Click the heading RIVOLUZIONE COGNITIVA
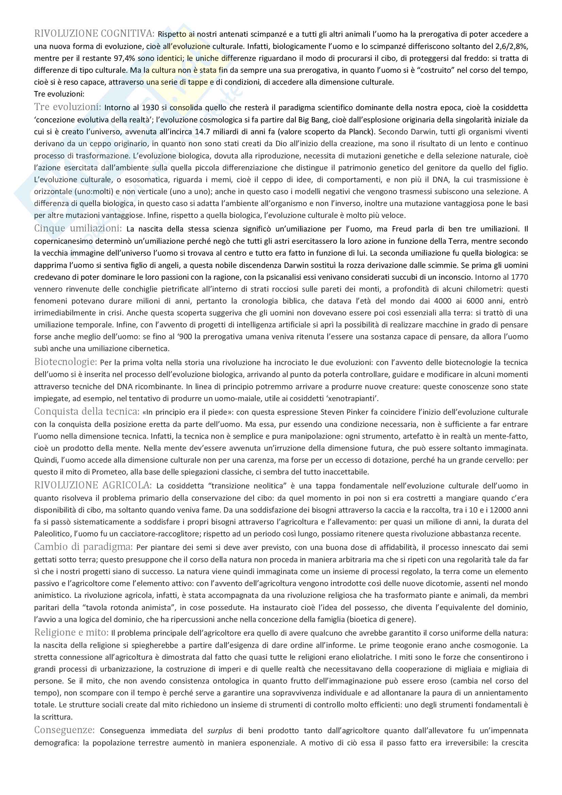click(94, 34)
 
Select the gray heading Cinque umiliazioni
click(78, 228)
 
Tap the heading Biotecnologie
click(65, 362)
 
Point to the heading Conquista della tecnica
click(87, 412)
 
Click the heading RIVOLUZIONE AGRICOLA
click(93, 485)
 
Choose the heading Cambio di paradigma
click(83, 547)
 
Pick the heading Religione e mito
click(71, 633)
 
